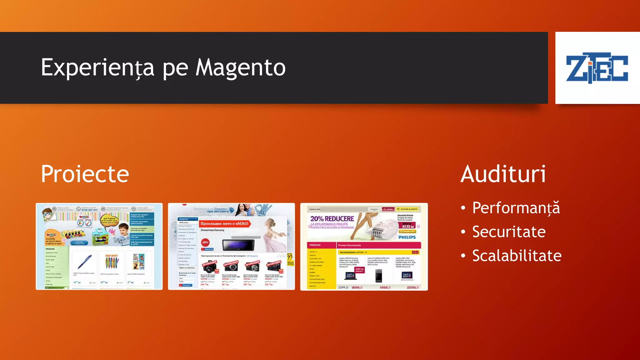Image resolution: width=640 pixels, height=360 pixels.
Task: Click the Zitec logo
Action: point(597,67)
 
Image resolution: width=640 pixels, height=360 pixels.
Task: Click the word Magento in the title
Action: point(240,67)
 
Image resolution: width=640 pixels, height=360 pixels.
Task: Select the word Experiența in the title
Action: point(97,67)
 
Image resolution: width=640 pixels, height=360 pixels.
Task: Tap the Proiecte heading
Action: point(85,174)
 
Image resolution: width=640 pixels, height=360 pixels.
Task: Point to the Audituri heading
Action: point(503,174)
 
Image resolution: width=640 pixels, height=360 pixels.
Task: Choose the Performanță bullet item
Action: point(516,208)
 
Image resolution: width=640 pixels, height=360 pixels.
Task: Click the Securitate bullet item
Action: point(509,232)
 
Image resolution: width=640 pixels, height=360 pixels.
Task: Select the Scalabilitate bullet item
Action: point(517,256)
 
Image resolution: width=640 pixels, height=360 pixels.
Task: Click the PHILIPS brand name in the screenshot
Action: point(407,237)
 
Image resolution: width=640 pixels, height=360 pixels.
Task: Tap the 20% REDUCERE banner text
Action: point(332,219)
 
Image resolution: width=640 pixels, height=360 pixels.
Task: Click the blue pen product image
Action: point(84,262)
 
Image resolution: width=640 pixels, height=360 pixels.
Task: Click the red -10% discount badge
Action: point(205,242)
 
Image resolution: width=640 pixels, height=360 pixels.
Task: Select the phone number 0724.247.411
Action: point(89,210)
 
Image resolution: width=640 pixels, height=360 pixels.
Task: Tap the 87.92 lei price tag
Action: point(408,227)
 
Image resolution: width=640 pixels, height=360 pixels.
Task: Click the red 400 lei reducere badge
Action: point(359,270)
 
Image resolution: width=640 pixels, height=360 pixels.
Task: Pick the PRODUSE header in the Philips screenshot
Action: point(315,245)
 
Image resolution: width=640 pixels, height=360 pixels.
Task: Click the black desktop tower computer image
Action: point(378,276)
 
